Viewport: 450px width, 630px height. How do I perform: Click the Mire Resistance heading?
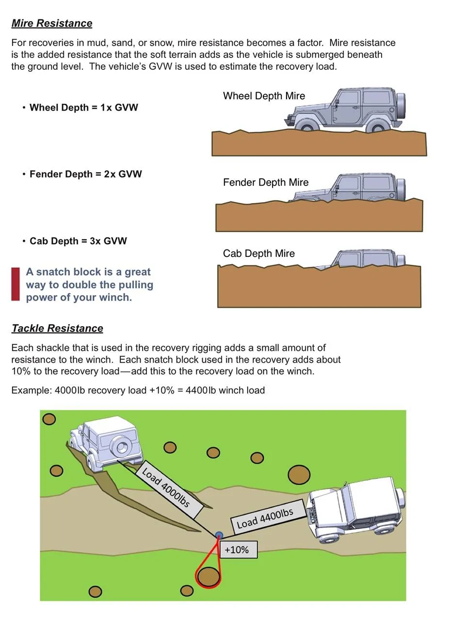(52, 23)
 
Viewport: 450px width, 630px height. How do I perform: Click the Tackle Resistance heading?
(57, 328)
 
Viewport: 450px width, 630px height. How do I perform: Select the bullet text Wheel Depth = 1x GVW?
(83, 108)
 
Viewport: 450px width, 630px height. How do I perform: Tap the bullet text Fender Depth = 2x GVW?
(85, 174)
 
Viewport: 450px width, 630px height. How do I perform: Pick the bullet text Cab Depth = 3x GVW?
(78, 241)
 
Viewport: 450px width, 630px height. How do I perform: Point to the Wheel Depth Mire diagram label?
(264, 96)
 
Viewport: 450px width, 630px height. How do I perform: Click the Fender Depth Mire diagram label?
(266, 183)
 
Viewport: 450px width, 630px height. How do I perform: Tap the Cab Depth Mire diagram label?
(258, 253)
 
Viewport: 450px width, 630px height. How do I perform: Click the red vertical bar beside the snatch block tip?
(16, 284)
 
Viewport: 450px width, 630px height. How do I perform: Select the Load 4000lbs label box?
(169, 489)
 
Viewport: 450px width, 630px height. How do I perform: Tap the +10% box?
(239, 549)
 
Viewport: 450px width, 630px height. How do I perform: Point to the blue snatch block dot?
(219, 535)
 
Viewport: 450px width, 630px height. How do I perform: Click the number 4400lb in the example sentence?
(196, 391)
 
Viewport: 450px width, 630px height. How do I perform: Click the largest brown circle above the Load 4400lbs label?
(299, 475)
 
